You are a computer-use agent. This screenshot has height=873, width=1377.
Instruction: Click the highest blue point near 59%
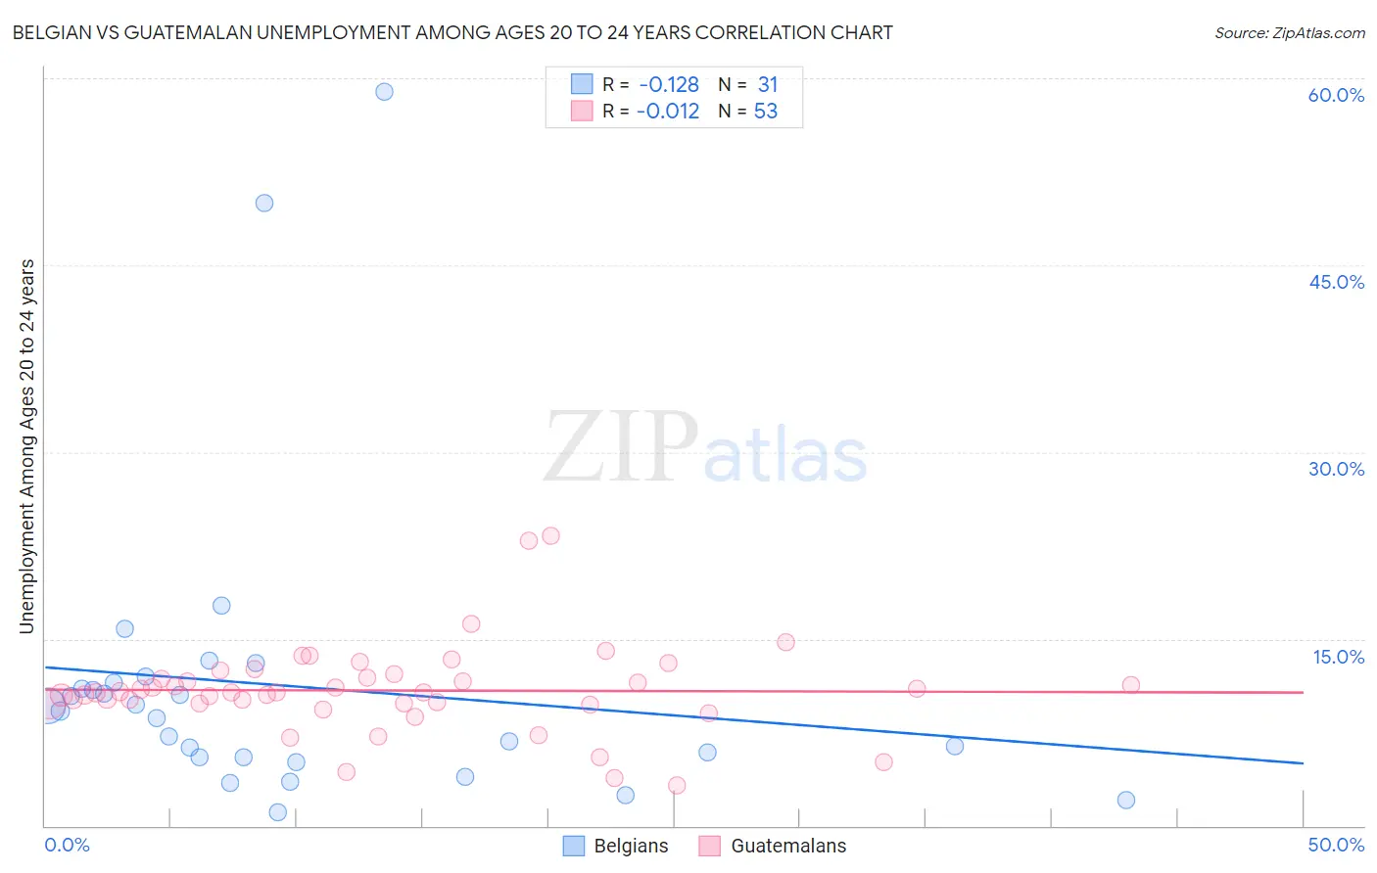coord(384,92)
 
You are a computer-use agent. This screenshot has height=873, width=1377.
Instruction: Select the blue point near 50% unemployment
coord(264,204)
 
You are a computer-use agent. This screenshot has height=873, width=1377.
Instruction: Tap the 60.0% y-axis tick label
coord(1336,95)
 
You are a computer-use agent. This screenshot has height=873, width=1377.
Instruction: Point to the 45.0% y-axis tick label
coord(1336,282)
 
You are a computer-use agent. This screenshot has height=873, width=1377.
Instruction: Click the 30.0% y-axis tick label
coord(1336,469)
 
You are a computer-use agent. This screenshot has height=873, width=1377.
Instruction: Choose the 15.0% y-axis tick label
coord(1338,657)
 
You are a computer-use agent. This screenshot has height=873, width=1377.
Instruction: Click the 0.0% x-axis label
coord(68,846)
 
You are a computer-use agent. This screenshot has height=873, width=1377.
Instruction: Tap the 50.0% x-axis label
coord(1336,846)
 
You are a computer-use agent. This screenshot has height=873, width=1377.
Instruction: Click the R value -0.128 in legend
coord(669,85)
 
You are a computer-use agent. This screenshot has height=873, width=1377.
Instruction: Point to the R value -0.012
coord(668,112)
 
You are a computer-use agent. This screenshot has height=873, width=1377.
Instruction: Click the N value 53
coord(766,112)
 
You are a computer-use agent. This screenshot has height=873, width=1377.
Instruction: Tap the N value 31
coord(767,85)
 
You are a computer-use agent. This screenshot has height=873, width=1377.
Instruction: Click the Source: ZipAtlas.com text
coord(1289,33)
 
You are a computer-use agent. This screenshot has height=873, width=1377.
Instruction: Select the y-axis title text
coord(27,446)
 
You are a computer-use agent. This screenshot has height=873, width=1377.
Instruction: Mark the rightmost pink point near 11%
coord(1130,685)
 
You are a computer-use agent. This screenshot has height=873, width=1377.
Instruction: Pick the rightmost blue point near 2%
coord(1126,801)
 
